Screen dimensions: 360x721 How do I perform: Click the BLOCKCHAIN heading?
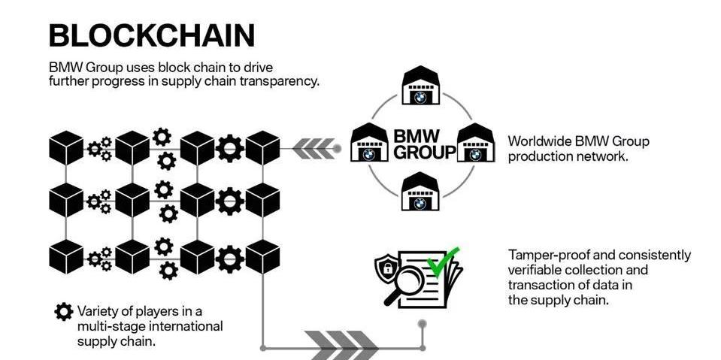point(151,35)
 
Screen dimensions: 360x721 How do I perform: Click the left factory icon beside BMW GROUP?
point(369,142)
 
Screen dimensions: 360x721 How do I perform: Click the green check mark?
point(443,262)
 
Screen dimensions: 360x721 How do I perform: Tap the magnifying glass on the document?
point(401,284)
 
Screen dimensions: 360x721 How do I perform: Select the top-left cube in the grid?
point(66,148)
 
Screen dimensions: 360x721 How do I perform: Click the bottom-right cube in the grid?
point(263,256)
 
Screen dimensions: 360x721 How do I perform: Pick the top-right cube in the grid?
point(263,148)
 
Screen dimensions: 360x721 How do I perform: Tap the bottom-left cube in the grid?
point(66,256)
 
